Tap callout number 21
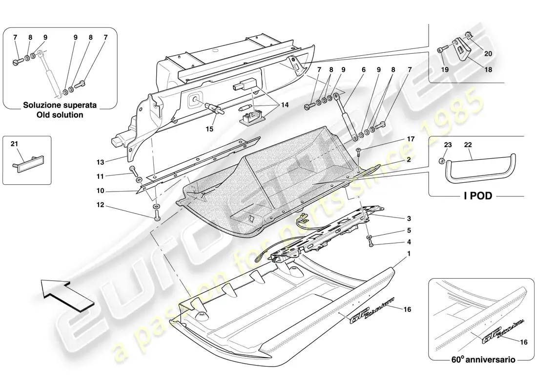coord(14,143)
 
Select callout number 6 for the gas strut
coord(364,70)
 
